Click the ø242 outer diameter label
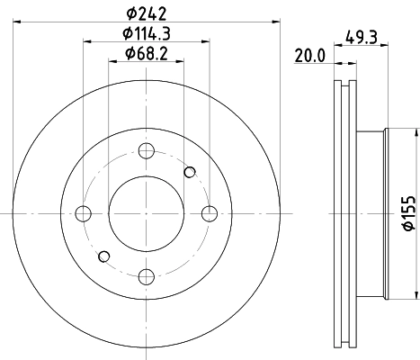point(147,13)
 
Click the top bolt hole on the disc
point(147,150)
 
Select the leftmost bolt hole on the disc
point(84,213)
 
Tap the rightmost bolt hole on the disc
point(210,213)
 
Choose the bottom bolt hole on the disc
point(147,276)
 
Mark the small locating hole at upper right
point(189,172)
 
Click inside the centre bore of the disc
point(147,213)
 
